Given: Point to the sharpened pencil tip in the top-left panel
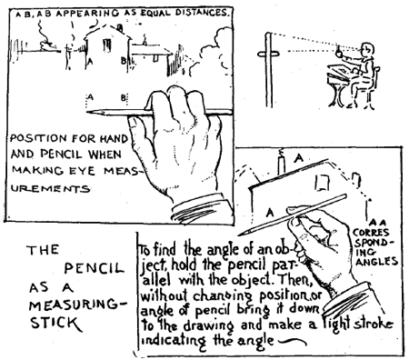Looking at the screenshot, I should [87, 112].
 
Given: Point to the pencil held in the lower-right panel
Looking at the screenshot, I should [314, 205].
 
